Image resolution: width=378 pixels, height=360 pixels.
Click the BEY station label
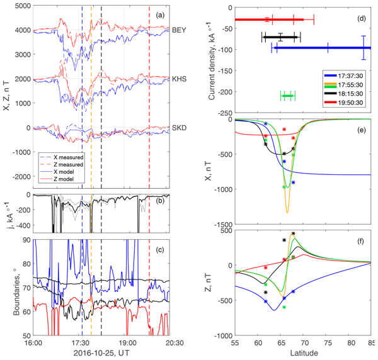180,30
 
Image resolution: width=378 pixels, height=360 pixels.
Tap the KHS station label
180,80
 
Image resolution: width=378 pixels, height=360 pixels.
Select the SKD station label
180,128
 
